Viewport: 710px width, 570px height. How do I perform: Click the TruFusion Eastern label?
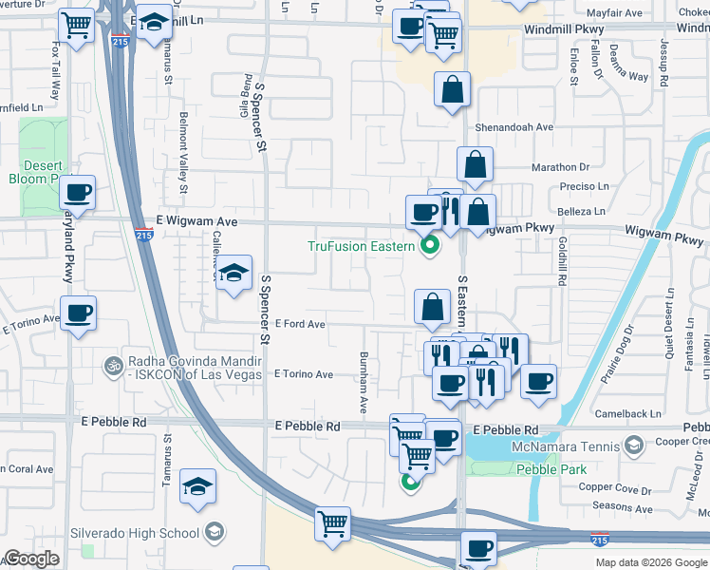tap(361, 246)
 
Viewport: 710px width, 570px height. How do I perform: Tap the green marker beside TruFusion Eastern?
tap(430, 247)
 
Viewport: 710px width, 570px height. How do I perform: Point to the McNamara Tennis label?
tap(574, 446)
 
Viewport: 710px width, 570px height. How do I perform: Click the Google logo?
tap(31, 559)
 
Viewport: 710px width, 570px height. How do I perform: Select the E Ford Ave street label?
tap(300, 324)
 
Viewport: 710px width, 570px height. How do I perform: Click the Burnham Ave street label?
tap(363, 382)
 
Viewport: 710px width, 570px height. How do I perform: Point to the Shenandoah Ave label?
tap(514, 126)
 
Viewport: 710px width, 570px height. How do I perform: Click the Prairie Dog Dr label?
tap(615, 354)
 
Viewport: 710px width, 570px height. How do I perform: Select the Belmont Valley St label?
tap(183, 154)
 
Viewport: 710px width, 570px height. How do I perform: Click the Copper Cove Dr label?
tap(615, 488)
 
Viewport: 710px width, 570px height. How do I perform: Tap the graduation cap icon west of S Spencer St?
tap(233, 273)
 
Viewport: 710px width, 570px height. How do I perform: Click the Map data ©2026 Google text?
tap(650, 561)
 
